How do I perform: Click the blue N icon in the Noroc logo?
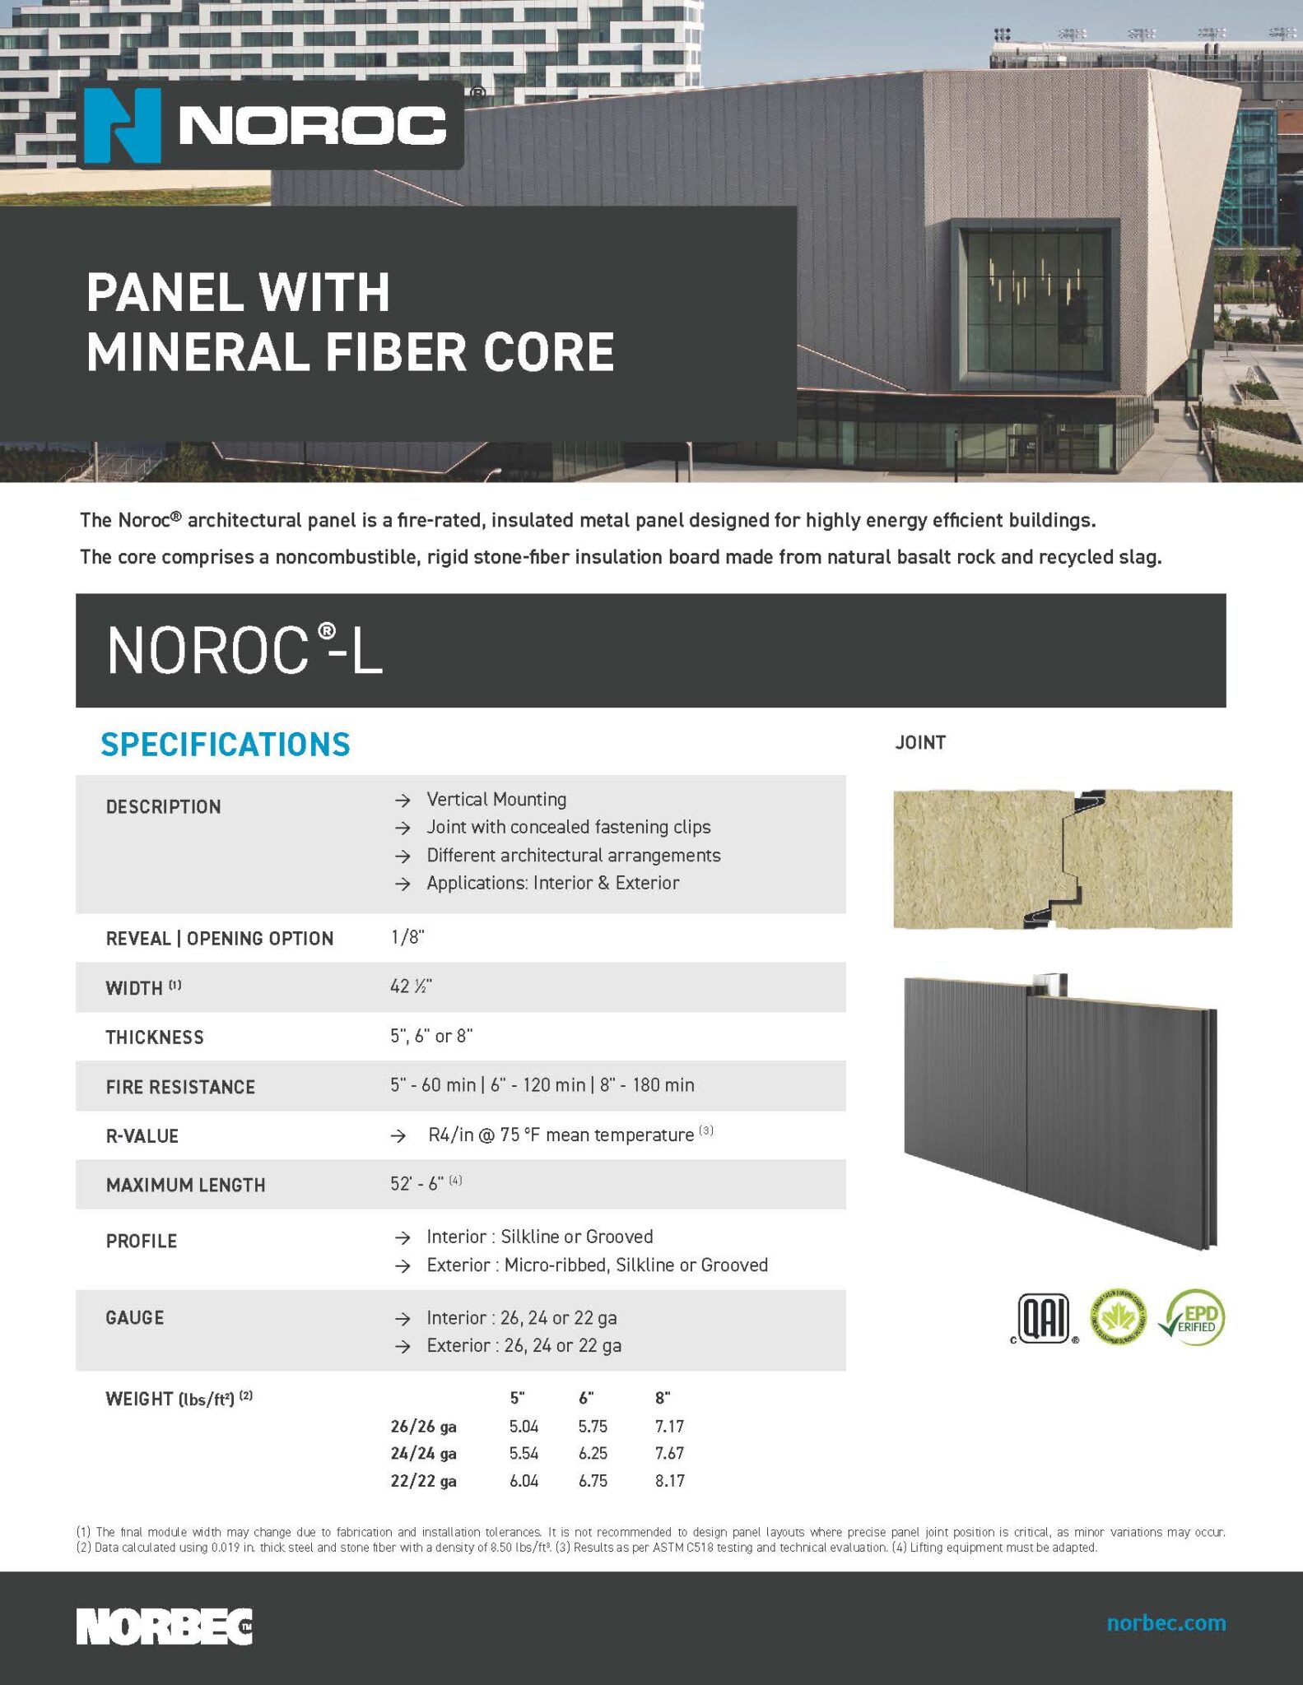pos(122,126)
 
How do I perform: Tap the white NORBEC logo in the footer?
pos(165,1626)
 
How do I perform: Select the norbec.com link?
pos(1166,1622)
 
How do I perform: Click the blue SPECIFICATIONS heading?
pos(226,744)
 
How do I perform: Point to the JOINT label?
pos(920,742)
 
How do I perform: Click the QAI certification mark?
pos(1044,1318)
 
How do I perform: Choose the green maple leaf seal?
pos(1118,1317)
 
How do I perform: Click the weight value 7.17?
pos(669,1426)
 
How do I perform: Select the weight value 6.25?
pos(593,1453)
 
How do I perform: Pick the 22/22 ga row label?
pos(423,1481)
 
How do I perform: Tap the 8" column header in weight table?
pos(663,1398)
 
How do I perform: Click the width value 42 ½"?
pos(411,986)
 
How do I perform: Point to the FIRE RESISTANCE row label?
pos(180,1087)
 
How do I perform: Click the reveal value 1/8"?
pos(407,937)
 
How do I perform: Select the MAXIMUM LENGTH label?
pos(185,1185)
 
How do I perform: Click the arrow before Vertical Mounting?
pos(403,800)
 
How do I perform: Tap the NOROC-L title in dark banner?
pos(245,651)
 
